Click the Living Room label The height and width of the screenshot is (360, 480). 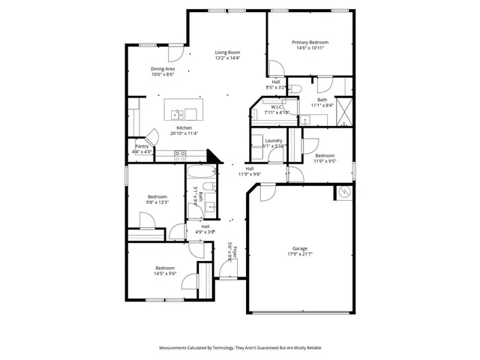coord(227,52)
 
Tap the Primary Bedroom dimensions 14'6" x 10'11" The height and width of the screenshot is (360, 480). coord(310,48)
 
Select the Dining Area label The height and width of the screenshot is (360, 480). coord(163,68)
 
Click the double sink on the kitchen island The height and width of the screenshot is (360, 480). coord(176,115)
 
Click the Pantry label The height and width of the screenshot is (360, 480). coord(142,146)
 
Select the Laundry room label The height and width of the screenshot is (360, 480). coord(273,140)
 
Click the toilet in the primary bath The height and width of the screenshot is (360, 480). coord(296,89)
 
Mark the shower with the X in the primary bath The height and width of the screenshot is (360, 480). coord(344,111)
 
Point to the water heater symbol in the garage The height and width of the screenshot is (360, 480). coord(343,192)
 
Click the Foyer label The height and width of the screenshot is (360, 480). coord(235,249)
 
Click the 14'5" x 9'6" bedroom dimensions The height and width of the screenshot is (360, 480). coord(165,274)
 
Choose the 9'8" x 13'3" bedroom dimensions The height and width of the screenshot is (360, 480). coord(157,202)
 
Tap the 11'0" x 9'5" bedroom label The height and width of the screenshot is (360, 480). coord(324,155)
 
